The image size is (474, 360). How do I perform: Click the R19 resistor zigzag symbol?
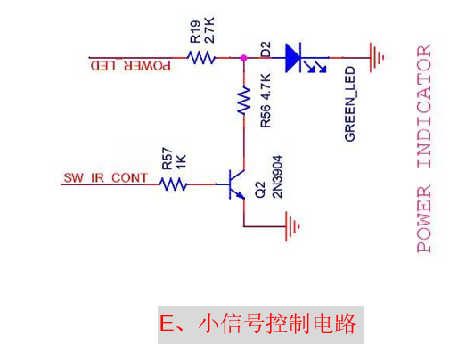coord(201,57)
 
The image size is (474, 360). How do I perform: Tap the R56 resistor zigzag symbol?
coord(244,101)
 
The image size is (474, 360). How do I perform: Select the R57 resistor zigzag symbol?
coord(173,184)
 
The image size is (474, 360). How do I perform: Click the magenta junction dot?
coord(243,58)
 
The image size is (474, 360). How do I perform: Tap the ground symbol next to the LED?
coord(377,57)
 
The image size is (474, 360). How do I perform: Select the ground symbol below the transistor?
coord(292,226)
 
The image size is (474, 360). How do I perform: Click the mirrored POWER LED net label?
coord(131,66)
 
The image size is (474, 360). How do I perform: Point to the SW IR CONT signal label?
coord(105,177)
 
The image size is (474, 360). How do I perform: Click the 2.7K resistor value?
coord(209,30)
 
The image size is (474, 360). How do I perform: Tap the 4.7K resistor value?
coord(266,86)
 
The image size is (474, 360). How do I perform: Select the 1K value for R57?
coord(181,161)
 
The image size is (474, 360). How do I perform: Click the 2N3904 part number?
coord(277,176)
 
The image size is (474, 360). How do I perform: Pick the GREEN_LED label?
coord(350,103)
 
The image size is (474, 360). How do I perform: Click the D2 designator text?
coord(266,50)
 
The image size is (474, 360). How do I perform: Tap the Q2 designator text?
coord(260,190)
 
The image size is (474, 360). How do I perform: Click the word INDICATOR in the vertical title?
coord(424,106)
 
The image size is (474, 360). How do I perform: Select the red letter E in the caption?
coord(167,323)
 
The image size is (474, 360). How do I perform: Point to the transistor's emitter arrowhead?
coord(241,196)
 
